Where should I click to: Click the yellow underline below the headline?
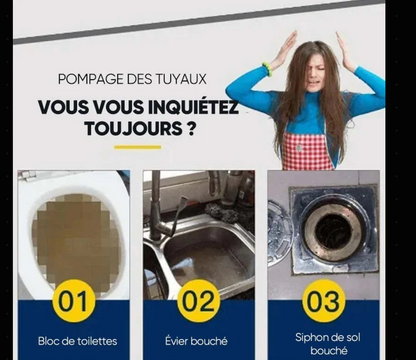click(x=137, y=147)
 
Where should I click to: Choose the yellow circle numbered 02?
click(x=198, y=301)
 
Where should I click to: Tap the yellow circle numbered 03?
click(x=323, y=301)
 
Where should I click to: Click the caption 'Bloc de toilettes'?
click(x=77, y=341)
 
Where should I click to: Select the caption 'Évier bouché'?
click(x=197, y=341)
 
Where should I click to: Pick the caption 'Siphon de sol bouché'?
click(x=324, y=344)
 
